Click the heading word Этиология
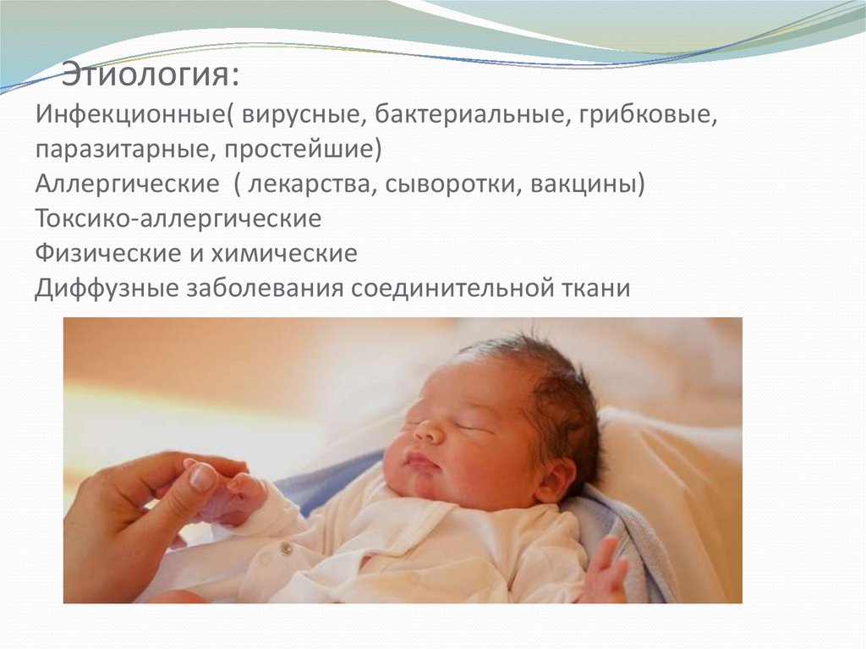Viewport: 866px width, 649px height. click(x=150, y=75)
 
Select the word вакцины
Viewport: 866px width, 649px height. click(x=584, y=184)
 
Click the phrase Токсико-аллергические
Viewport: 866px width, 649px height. click(x=178, y=218)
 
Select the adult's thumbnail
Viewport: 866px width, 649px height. click(x=204, y=477)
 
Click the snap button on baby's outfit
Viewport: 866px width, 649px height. click(x=287, y=550)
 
